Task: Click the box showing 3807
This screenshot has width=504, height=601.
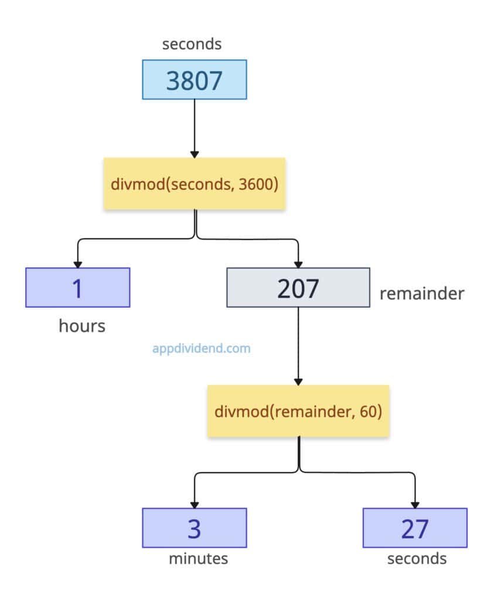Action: [195, 79]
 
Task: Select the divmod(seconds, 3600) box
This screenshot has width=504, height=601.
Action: [194, 184]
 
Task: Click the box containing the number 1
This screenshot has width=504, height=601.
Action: [77, 288]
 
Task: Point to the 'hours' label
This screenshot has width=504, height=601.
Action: [81, 326]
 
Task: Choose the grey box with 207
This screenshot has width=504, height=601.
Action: [298, 288]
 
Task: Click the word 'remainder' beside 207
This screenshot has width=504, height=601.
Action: [421, 293]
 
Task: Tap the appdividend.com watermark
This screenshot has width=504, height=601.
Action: [201, 349]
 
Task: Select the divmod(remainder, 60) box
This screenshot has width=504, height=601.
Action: [298, 411]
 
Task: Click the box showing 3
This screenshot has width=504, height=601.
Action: [194, 528]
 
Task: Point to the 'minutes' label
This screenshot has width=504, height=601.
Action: [198, 558]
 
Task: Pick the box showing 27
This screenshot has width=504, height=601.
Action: [415, 528]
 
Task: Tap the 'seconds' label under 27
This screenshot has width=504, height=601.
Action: [417, 558]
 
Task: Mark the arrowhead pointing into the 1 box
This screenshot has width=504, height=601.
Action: [77, 264]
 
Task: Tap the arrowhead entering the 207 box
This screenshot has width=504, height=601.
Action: [298, 264]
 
